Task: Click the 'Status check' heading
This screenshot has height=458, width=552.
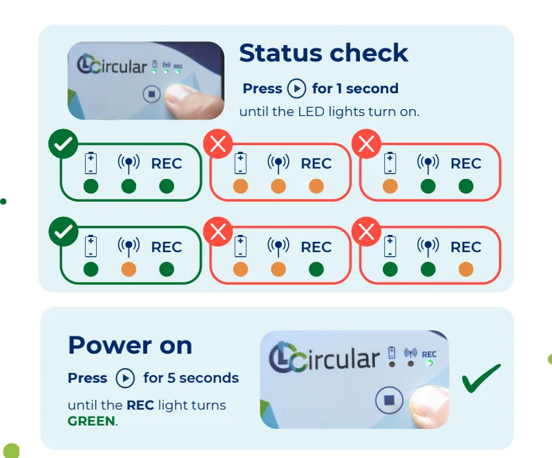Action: point(323,53)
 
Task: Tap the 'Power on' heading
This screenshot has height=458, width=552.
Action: point(130,345)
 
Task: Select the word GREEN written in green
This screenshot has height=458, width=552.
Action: point(91,421)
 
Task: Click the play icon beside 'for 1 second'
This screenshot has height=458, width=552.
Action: point(296,88)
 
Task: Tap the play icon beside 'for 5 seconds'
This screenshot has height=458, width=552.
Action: point(125,378)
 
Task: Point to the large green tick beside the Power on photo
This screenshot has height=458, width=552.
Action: point(481,378)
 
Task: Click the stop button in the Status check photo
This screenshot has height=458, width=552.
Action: point(152,95)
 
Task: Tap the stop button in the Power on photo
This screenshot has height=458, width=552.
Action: point(389,400)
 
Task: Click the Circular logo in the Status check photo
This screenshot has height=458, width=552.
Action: point(112,65)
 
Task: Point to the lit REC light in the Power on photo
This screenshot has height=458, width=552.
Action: point(430,363)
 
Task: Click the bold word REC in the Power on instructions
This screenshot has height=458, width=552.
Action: point(140,405)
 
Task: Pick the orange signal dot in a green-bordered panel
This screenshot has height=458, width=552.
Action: point(129,269)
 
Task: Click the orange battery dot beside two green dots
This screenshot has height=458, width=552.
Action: point(390,187)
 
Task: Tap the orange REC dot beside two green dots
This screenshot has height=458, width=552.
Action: point(466,269)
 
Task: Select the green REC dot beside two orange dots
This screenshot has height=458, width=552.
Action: point(316,269)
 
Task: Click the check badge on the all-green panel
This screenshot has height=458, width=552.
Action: point(64,144)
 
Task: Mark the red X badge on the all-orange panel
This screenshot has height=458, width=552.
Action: point(218,144)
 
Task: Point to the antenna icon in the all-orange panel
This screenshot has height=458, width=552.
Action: point(278,164)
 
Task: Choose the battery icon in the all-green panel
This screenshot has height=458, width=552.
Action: point(91,163)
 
